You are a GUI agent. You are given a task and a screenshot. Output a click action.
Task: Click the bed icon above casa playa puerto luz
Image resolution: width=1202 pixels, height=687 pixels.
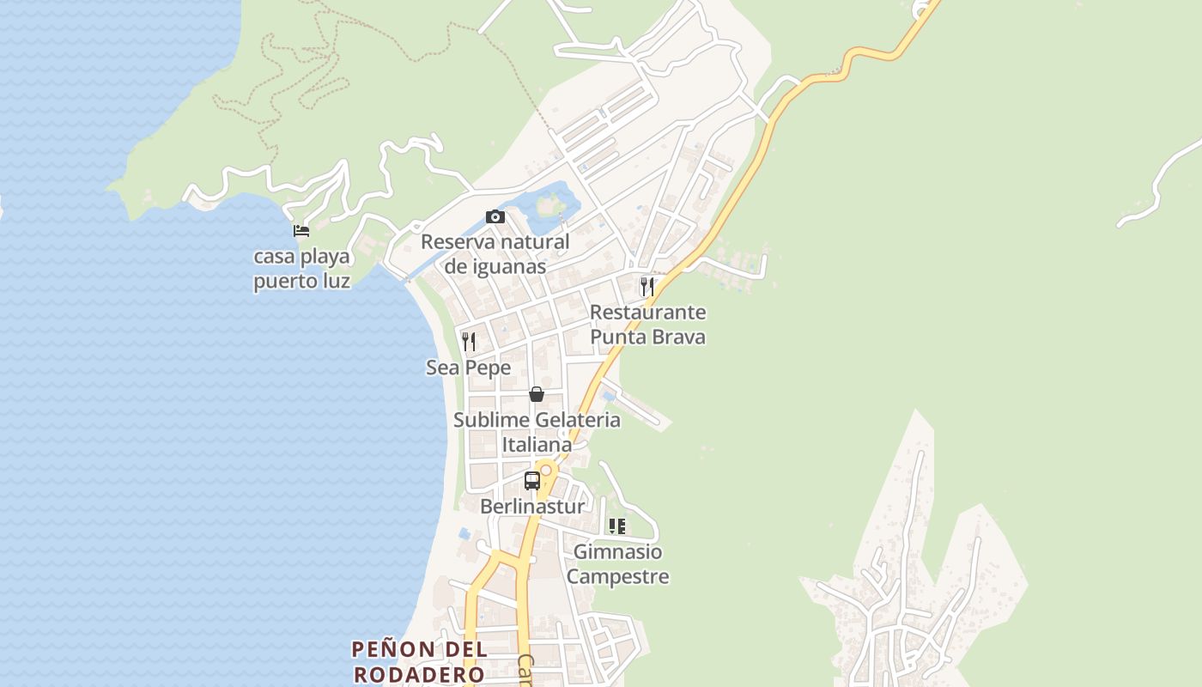(300, 230)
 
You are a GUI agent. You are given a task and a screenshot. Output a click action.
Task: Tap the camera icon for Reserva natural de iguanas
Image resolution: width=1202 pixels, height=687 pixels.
(495, 216)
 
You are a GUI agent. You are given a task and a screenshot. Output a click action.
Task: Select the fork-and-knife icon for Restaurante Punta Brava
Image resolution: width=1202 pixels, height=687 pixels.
(647, 286)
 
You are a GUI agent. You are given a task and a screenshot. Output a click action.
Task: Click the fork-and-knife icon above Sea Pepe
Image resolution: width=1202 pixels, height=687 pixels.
(469, 342)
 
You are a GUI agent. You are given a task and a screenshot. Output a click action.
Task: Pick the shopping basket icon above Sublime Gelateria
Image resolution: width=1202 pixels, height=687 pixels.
(537, 394)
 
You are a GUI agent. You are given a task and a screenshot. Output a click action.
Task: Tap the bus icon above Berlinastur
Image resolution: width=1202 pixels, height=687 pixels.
(532, 480)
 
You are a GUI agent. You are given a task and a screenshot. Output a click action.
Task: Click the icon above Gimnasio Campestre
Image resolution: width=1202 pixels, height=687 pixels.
(617, 526)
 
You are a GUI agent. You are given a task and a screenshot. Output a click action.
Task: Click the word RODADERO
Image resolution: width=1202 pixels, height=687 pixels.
(419, 674)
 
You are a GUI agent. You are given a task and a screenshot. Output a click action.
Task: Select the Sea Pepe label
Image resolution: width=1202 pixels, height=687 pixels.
(469, 368)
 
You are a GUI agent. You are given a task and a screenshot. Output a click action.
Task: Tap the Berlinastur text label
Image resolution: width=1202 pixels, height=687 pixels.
(532, 506)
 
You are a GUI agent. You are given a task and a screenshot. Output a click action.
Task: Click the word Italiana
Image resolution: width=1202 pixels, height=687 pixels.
(537, 445)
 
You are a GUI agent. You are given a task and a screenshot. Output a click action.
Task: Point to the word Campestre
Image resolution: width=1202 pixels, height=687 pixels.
(617, 576)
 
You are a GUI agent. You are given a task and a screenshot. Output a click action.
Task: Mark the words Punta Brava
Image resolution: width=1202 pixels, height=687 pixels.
(647, 337)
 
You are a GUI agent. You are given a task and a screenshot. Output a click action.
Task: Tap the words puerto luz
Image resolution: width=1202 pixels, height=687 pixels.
(301, 281)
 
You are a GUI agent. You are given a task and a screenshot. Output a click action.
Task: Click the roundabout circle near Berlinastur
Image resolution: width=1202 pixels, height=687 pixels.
(546, 470)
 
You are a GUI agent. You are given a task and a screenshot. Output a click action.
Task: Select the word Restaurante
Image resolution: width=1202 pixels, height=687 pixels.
(647, 312)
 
